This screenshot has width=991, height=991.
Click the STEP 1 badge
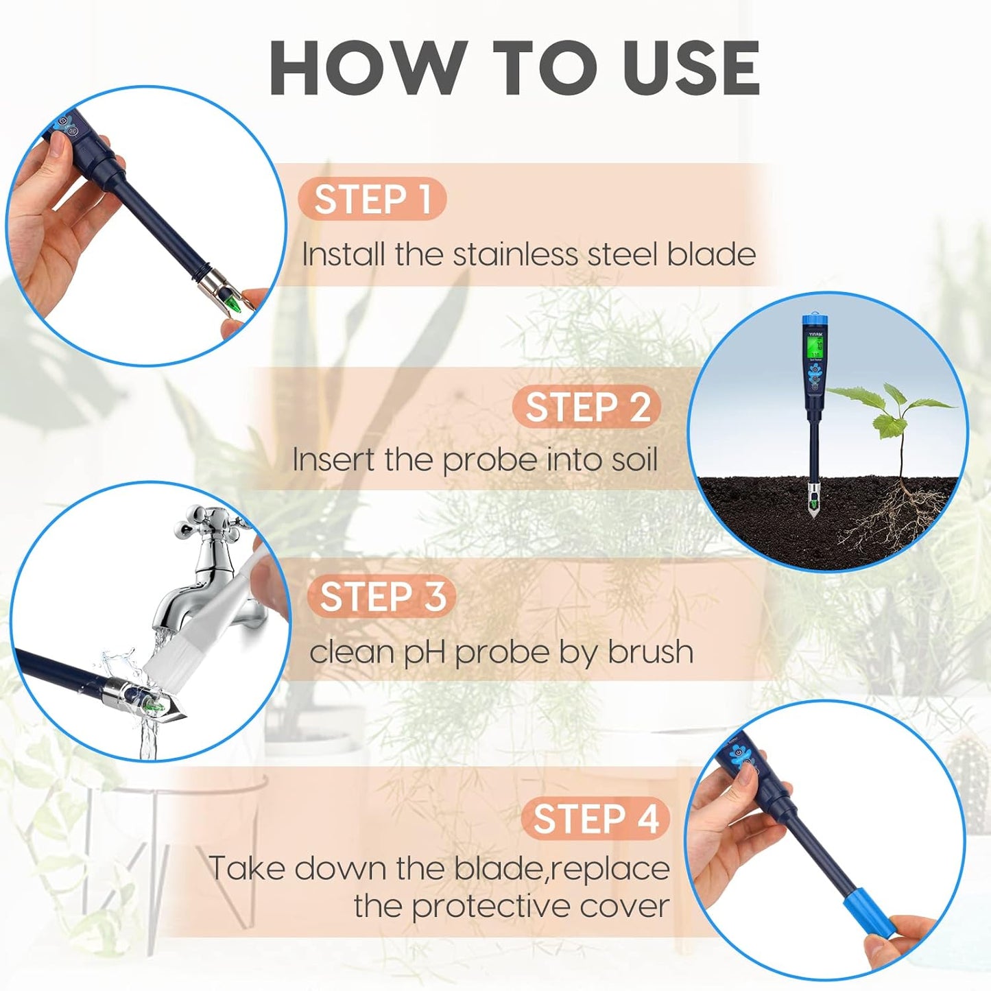[372, 200]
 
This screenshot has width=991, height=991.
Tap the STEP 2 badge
[587, 407]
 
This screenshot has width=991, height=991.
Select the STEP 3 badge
[382, 596]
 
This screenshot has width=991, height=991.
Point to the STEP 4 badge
[595, 819]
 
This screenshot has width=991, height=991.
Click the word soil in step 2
[630, 459]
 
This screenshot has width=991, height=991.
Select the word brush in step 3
[650, 652]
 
